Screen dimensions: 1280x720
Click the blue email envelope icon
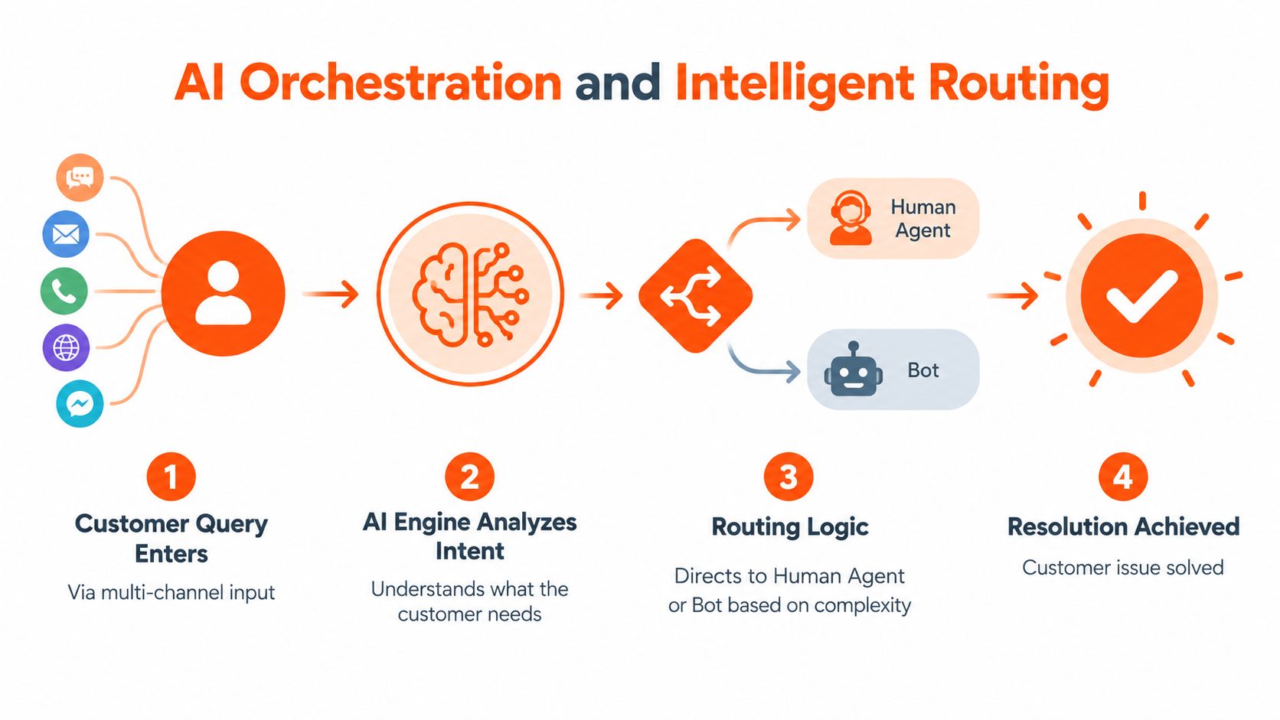pos(66,234)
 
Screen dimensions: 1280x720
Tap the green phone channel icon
pos(64,292)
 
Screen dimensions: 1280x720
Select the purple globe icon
pos(67,347)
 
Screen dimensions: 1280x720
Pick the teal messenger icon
pos(80,404)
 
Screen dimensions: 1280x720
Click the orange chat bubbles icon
pos(80,178)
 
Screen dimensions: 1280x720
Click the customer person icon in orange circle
pos(224,294)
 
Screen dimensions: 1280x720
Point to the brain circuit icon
pos(470,295)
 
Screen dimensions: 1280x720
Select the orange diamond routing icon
pos(695,296)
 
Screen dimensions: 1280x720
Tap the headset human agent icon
pos(851,218)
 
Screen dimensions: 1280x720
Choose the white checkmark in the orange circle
pos(1141,296)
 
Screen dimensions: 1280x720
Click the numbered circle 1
pos(171,477)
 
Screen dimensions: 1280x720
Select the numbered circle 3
pos(789,477)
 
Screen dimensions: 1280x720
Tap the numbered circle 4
pos(1123,477)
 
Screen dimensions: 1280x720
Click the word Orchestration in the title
pos(401,83)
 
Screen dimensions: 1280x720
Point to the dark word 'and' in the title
pos(618,83)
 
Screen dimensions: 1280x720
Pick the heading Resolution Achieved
pos(1123,526)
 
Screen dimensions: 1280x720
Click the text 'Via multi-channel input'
pos(171,592)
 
